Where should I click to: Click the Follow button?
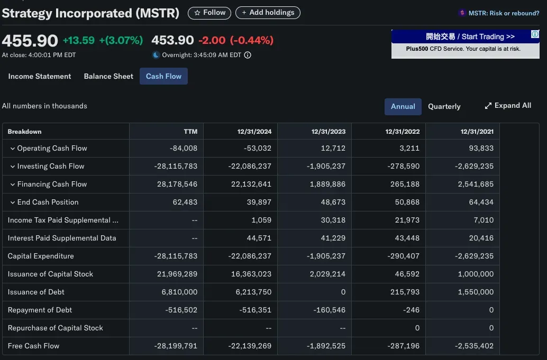(x=209, y=13)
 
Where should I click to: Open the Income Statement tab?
(x=40, y=76)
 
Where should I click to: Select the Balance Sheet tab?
(x=108, y=76)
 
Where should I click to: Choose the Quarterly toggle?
(x=444, y=106)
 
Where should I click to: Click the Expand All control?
(x=508, y=106)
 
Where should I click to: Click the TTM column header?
(x=190, y=132)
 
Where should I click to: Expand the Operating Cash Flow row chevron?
(x=13, y=149)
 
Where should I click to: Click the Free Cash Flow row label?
(x=33, y=346)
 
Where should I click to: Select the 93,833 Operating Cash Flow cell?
(x=481, y=148)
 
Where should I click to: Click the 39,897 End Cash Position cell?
(x=259, y=202)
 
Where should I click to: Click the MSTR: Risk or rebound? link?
(x=503, y=13)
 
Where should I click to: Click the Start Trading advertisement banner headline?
(x=470, y=36)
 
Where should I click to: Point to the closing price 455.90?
(x=30, y=41)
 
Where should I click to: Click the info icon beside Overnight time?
(x=247, y=55)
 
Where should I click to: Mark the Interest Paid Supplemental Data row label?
(x=62, y=238)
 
